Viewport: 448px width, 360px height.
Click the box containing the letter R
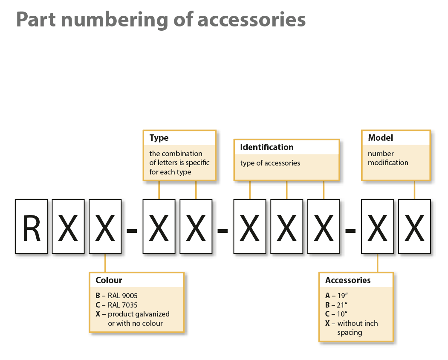tap(31, 226)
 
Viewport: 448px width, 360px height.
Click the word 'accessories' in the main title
tap(251, 20)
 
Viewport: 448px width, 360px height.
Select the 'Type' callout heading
tap(159, 138)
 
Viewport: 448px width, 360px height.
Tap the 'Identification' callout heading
tap(266, 147)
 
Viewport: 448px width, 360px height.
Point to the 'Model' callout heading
tap(380, 138)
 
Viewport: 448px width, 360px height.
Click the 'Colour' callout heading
tap(109, 280)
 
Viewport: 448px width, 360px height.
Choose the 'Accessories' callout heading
tap(348, 280)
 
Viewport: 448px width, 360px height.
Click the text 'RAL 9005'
tap(123, 296)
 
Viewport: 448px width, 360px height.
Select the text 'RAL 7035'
tap(123, 305)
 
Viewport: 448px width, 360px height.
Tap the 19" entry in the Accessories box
tap(336, 296)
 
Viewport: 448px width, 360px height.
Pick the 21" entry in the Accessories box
tap(336, 305)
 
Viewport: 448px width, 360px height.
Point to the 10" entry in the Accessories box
tap(336, 314)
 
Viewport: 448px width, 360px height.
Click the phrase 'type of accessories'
tap(270, 163)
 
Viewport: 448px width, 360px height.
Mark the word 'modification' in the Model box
tap(388, 163)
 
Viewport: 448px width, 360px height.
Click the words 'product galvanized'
tap(139, 314)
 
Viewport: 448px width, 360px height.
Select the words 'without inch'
tap(358, 323)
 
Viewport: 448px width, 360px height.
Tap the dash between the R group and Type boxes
tap(132, 230)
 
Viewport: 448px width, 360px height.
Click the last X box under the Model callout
tap(414, 226)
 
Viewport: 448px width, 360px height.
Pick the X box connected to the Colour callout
tap(105, 226)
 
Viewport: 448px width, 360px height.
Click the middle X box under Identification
tap(286, 226)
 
